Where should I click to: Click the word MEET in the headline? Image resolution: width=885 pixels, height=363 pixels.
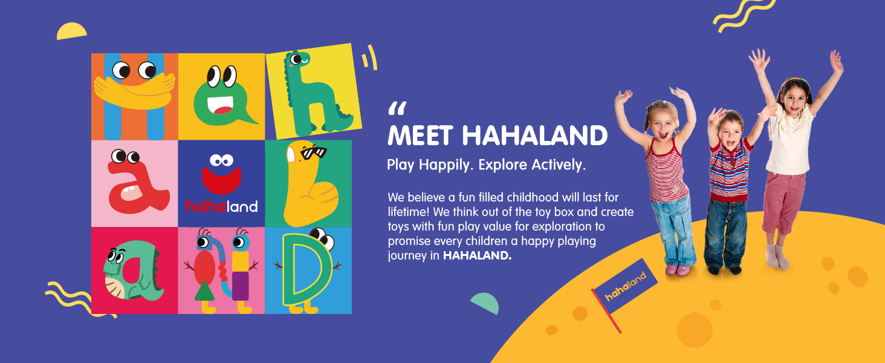(421, 136)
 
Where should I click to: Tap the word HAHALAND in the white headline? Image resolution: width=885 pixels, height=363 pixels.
(534, 136)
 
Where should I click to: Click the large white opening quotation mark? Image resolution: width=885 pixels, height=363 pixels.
(397, 109)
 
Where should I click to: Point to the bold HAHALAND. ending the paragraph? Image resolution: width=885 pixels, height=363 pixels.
(477, 256)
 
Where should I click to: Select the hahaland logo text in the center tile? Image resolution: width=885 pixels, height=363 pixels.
(221, 207)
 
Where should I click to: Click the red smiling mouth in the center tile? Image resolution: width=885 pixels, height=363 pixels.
(221, 179)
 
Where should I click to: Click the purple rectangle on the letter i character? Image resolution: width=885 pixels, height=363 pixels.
(240, 286)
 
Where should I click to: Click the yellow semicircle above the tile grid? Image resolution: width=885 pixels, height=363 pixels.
(71, 31)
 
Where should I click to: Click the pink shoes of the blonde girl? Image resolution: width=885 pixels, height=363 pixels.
(677, 270)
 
